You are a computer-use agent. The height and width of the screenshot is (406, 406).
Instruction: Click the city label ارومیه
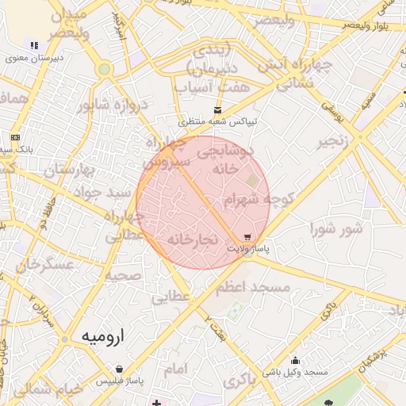[x=104, y=337]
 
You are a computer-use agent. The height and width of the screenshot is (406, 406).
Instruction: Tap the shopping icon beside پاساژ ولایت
[x=247, y=237]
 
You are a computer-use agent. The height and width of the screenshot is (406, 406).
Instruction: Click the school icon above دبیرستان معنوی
[x=33, y=45]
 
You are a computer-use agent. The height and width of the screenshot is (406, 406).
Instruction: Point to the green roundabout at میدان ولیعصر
[x=104, y=69]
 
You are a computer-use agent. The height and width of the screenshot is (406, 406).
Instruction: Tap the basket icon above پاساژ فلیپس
[x=119, y=369]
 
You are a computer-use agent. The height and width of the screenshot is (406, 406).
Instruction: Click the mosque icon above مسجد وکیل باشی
[x=296, y=360]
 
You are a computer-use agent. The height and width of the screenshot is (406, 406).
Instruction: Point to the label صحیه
[x=124, y=276]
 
